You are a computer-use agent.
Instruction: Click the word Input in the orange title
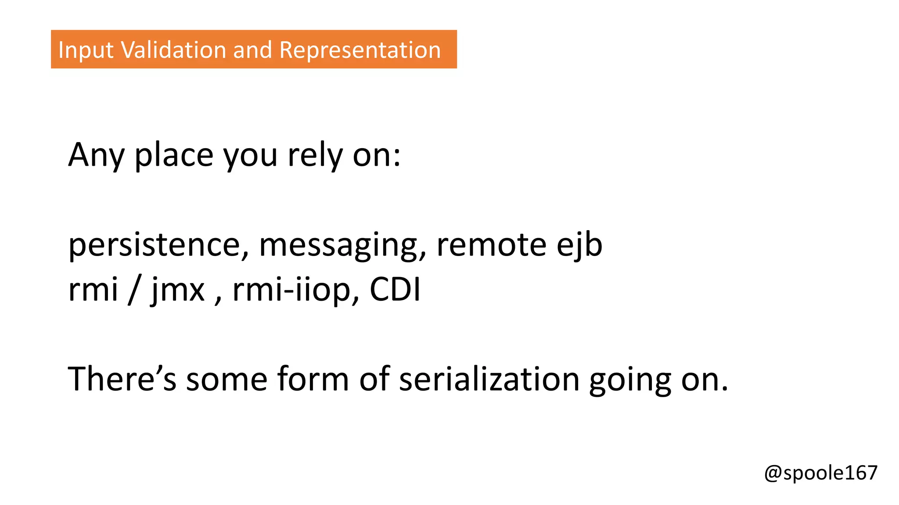(86, 50)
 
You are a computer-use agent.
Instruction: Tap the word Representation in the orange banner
(360, 50)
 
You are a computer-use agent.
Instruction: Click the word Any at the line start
(96, 155)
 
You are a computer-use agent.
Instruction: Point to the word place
(174, 155)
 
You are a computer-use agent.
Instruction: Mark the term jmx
(178, 290)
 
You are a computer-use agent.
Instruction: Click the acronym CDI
(395, 290)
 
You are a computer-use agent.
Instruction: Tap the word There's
(122, 379)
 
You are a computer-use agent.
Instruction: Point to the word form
(313, 379)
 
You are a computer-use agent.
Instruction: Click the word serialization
(489, 379)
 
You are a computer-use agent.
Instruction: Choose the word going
(630, 379)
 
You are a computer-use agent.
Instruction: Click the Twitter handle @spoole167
(820, 473)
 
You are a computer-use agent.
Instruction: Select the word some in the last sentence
(227, 379)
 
